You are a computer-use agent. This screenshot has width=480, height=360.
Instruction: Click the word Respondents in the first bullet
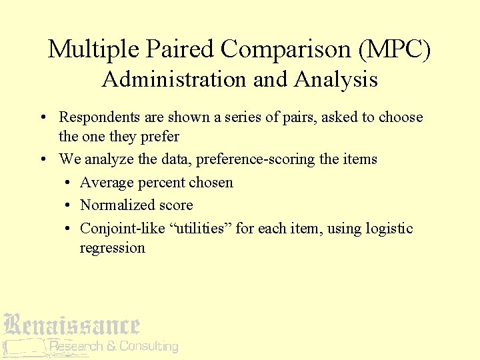(x=100, y=117)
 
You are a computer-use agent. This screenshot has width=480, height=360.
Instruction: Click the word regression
(x=112, y=248)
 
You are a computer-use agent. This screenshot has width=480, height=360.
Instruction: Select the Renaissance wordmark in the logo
(x=71, y=325)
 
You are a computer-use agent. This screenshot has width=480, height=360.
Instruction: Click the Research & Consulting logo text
(x=113, y=346)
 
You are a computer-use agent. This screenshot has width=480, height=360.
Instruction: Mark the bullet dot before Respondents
(x=42, y=118)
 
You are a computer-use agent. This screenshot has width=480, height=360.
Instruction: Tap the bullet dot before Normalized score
(x=69, y=206)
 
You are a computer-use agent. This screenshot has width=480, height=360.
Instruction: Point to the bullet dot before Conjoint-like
(x=69, y=229)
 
